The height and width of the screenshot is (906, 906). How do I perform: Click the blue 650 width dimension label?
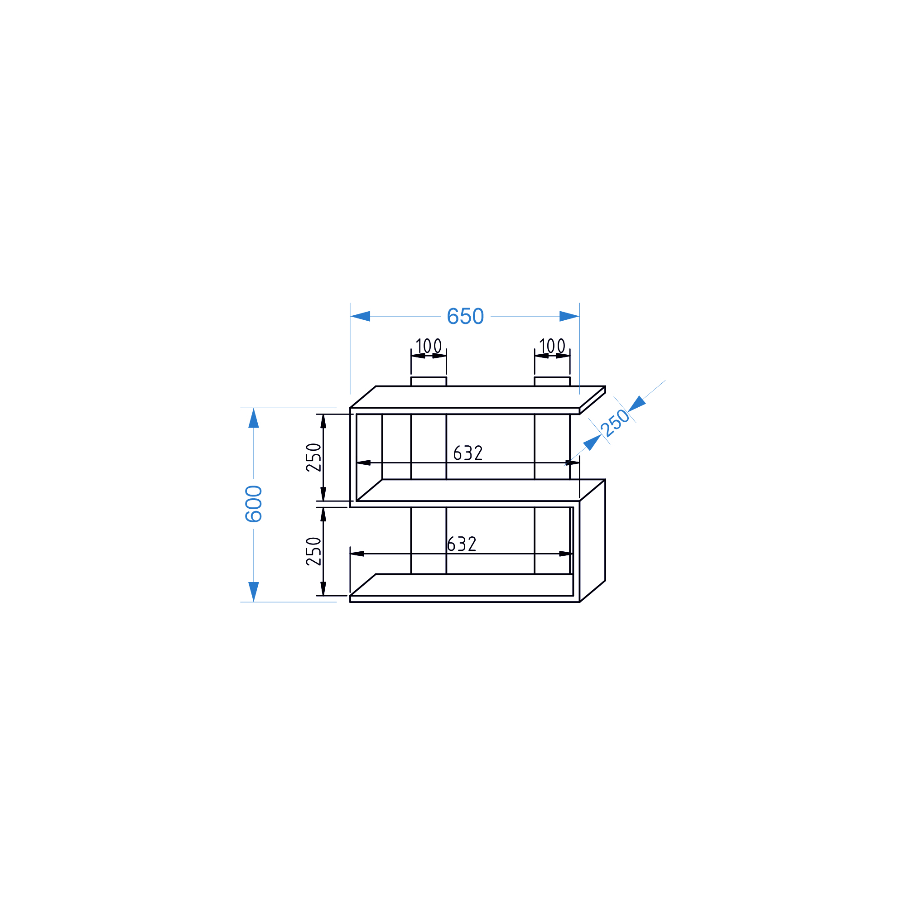coord(465,317)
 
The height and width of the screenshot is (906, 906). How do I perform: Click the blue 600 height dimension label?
coord(254,504)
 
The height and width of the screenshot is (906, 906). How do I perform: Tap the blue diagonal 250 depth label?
coord(615,423)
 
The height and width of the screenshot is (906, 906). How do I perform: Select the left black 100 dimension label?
coord(429,346)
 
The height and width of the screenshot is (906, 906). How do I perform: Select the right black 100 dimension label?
coord(552,346)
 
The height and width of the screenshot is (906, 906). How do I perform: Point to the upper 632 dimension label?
coord(468,453)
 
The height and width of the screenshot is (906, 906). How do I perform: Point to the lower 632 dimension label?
coord(462,544)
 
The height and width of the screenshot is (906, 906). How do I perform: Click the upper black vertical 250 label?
coord(314,457)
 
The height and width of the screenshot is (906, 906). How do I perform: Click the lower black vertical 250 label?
coord(314,551)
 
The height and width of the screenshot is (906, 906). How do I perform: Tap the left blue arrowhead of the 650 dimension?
coord(360,316)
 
